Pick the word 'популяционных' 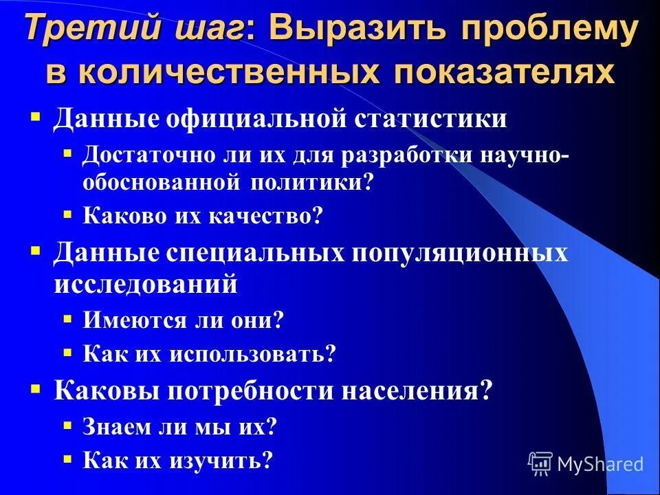[460, 252]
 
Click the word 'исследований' [146, 283]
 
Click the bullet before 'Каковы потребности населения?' [36, 388]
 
